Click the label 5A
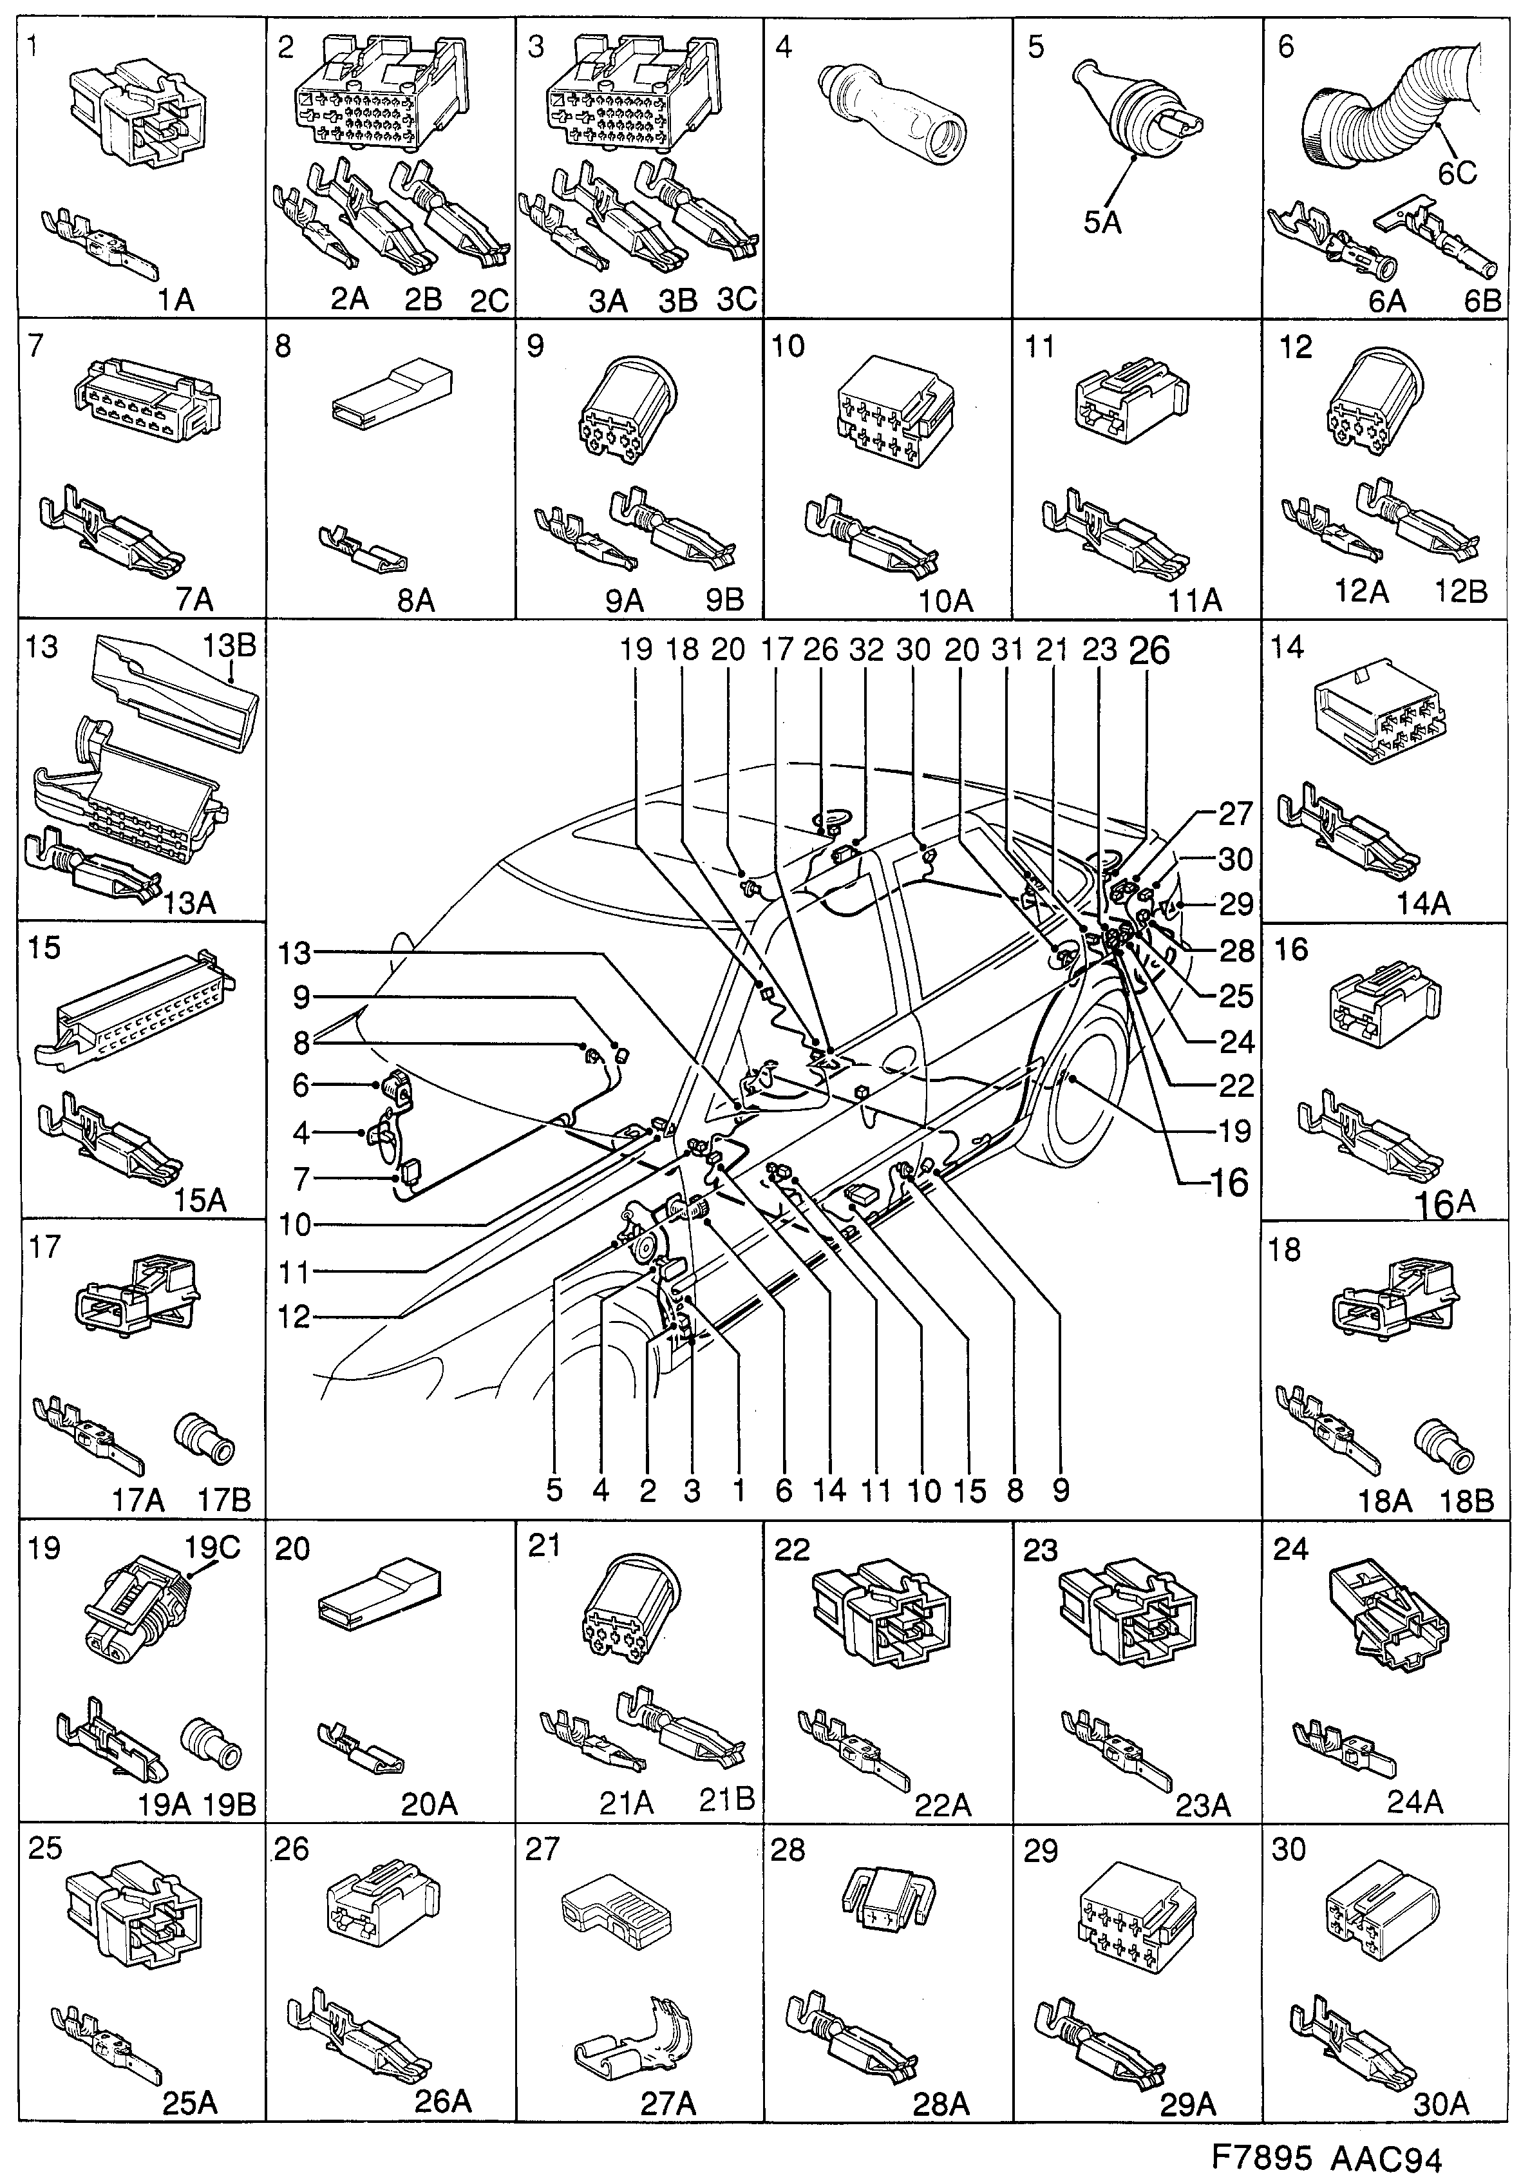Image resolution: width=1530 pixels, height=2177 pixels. [1102, 223]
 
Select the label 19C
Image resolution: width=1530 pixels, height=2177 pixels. [212, 1548]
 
